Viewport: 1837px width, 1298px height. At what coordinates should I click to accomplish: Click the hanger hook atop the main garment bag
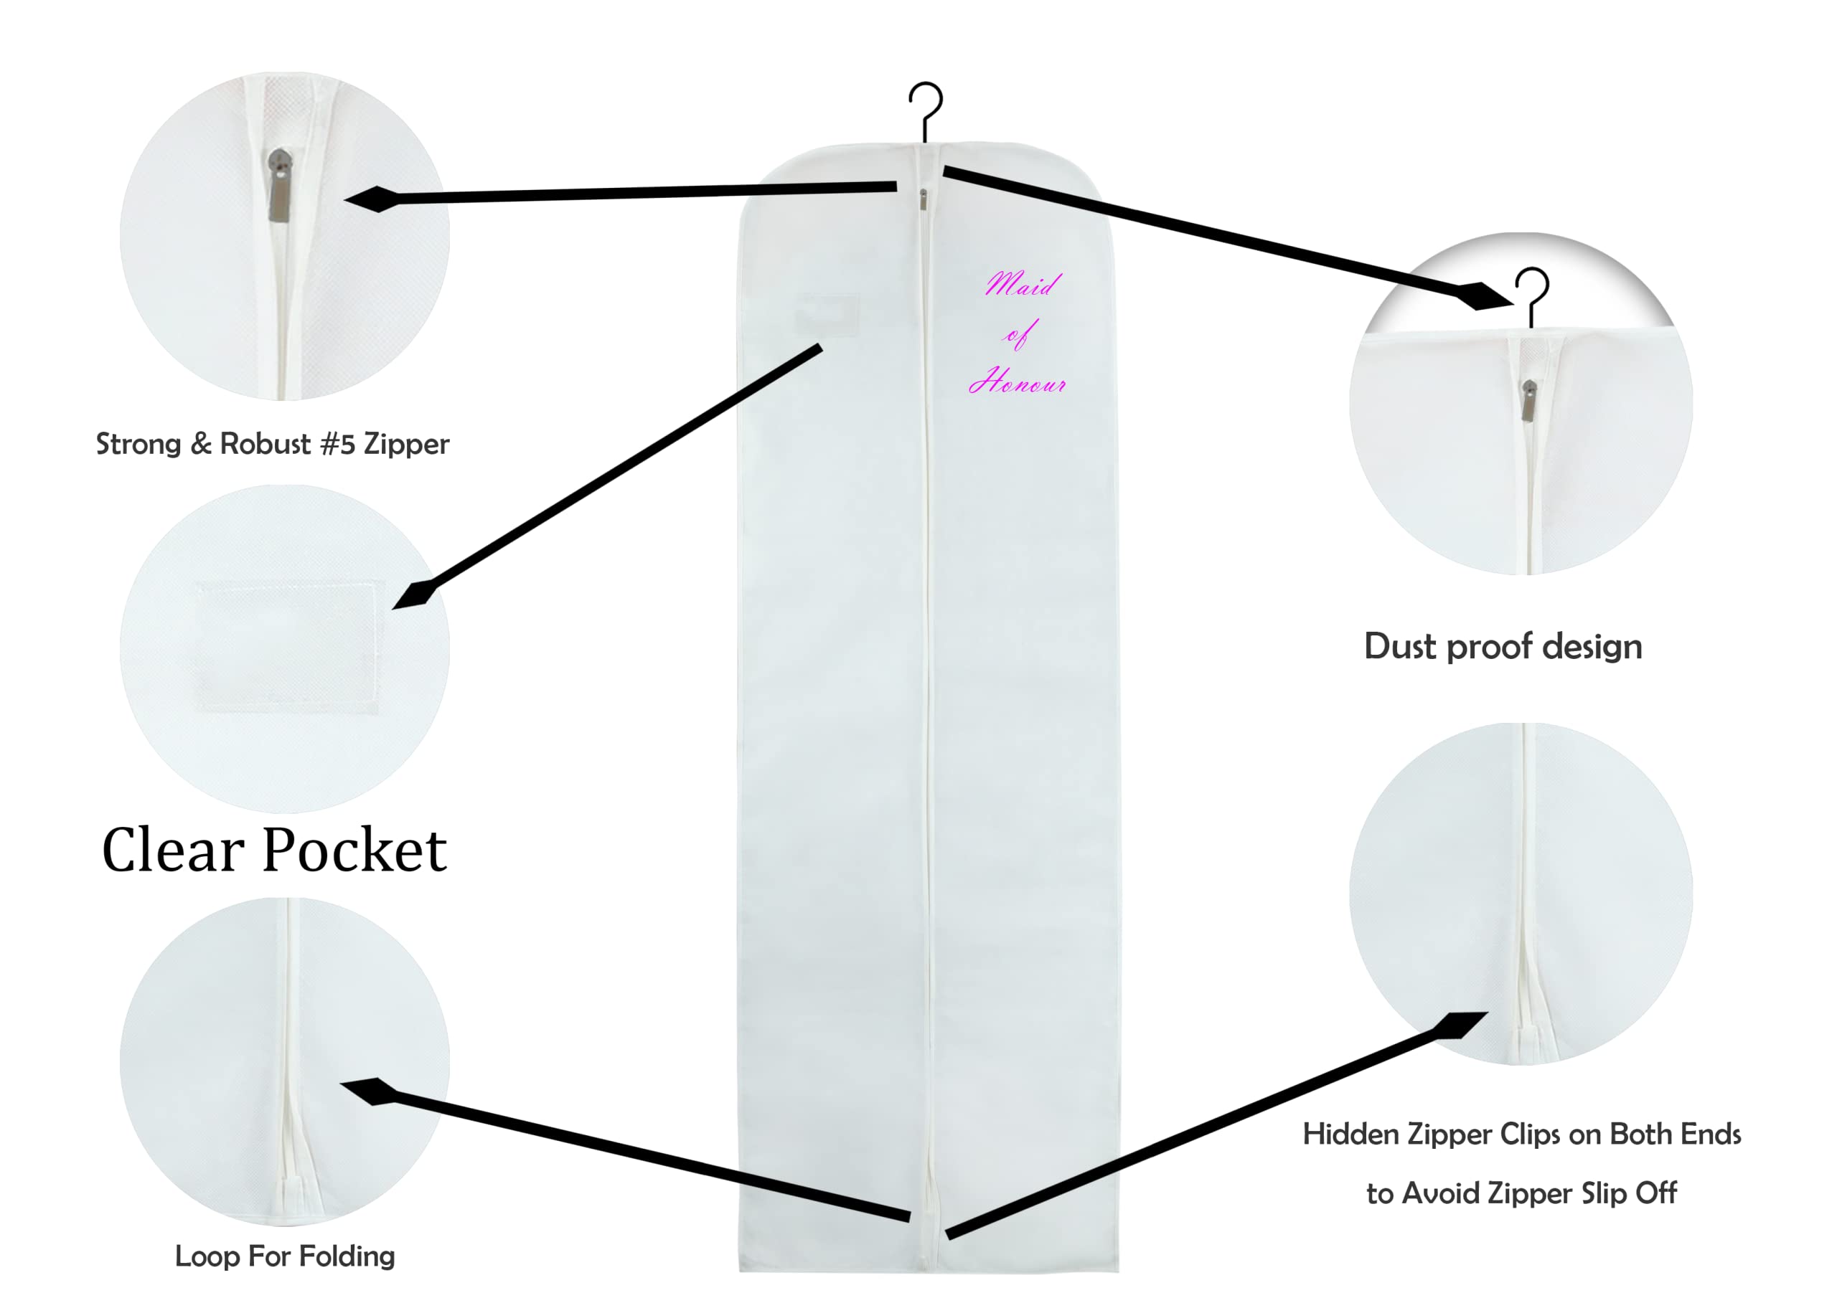click(x=926, y=108)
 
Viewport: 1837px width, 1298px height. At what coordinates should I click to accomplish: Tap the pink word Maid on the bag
click(x=1023, y=284)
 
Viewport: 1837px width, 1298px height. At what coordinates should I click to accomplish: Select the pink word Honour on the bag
click(x=1017, y=382)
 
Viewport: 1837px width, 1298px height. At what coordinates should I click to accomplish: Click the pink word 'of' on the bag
click(x=1019, y=334)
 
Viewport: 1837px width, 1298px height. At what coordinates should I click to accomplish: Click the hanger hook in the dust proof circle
click(x=1531, y=293)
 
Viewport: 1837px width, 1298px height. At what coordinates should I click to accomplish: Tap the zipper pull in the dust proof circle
click(x=1529, y=400)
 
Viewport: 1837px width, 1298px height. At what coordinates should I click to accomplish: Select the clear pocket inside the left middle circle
click(x=287, y=645)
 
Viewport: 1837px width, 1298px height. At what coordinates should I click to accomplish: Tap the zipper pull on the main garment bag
click(x=923, y=199)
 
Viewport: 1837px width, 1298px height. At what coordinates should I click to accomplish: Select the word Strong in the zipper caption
click(x=138, y=444)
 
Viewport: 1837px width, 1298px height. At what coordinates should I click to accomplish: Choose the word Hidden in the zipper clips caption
click(x=1349, y=1134)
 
